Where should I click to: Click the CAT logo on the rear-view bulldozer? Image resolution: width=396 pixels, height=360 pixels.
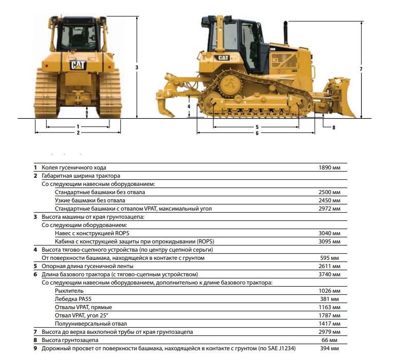(78, 65)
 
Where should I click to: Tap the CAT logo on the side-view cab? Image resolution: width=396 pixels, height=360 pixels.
(223, 58)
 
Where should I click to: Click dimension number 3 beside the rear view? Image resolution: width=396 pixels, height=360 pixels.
(137, 67)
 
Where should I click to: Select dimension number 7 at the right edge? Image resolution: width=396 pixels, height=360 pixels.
(361, 69)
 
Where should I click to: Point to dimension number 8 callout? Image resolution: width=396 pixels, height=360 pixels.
(334, 127)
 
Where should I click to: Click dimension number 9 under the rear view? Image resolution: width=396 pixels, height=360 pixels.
(87, 112)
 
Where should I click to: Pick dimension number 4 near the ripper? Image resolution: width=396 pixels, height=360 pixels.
(188, 106)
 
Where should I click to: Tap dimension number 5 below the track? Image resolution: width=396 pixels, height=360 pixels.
(257, 127)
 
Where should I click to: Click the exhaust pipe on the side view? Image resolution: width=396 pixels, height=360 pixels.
(286, 33)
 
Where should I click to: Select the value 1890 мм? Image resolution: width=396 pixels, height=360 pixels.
(329, 167)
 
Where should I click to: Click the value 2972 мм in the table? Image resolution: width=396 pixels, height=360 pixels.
(329, 209)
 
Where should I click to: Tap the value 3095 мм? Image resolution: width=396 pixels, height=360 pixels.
(329, 241)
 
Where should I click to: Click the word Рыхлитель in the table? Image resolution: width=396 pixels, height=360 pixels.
(69, 291)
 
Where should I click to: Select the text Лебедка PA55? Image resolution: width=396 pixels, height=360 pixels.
(73, 299)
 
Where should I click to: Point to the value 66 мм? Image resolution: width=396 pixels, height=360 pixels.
(329, 340)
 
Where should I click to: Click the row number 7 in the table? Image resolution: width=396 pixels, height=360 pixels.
(35, 332)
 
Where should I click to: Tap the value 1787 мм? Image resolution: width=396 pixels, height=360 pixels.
(329, 315)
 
